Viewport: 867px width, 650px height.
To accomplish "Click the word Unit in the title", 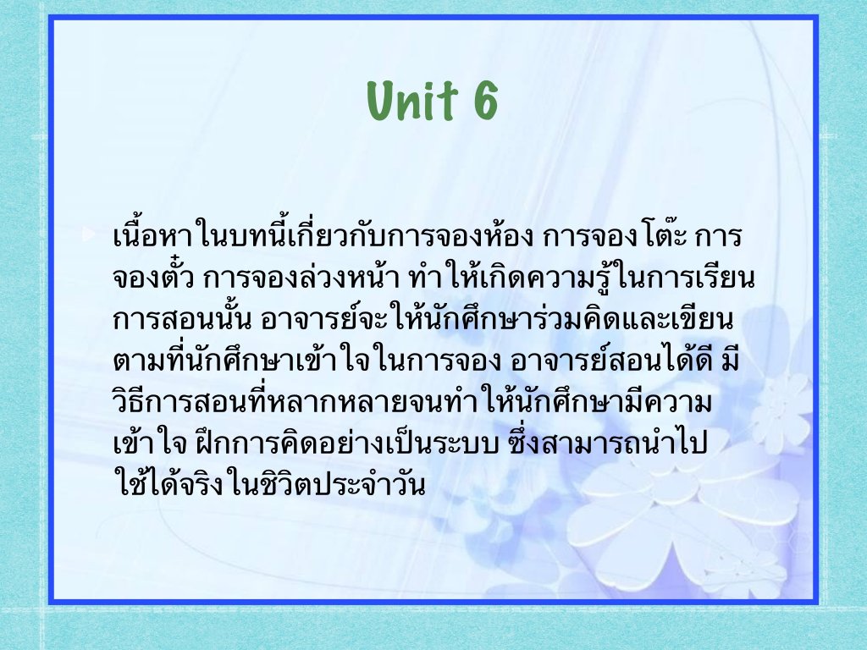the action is (412, 100).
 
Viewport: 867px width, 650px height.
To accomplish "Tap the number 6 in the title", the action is (485, 100).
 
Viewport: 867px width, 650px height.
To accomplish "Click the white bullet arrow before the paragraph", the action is (89, 234).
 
